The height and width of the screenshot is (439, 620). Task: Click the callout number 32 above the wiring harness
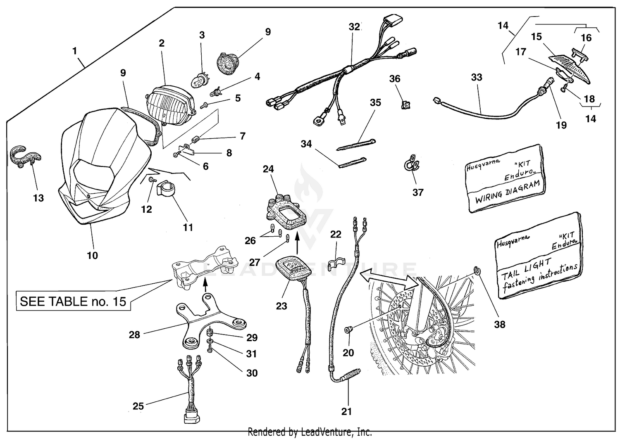tap(354, 27)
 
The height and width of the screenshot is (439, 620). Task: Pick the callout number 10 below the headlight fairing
tap(92, 255)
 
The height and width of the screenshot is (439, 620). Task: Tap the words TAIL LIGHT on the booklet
tap(527, 266)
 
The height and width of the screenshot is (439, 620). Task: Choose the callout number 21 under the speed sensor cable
tap(346, 411)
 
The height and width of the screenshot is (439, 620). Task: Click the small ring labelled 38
tap(477, 271)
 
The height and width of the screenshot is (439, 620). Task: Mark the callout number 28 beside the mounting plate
tap(135, 335)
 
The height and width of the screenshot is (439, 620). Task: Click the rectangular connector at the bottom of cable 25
tap(191, 417)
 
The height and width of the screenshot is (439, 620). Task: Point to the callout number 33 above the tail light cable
tap(477, 77)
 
